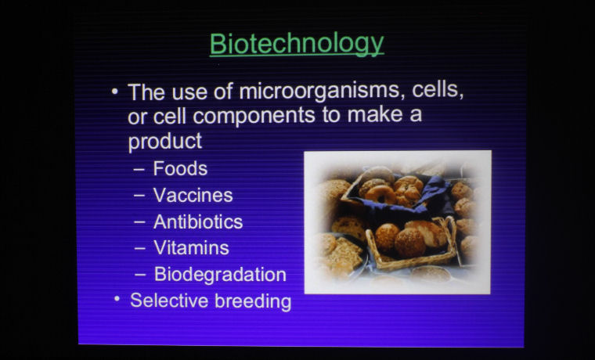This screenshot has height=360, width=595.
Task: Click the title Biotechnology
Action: tap(297, 45)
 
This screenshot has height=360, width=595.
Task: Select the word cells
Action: tap(438, 89)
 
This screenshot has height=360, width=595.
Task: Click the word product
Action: tap(165, 142)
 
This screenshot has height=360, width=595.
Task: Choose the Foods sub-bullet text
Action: tap(180, 168)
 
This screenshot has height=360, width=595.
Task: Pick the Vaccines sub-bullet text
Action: tap(193, 196)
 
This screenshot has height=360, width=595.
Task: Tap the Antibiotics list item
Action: tap(198, 222)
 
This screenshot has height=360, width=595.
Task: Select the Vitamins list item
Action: tap(192, 248)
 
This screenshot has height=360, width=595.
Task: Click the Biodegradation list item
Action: tap(220, 275)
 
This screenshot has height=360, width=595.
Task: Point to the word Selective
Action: tap(169, 301)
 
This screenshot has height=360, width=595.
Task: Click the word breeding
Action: tap(253, 301)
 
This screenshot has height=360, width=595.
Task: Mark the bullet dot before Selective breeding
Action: tap(117, 299)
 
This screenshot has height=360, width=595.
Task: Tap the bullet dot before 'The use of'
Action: tap(115, 92)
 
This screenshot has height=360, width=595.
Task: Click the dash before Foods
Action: tap(139, 170)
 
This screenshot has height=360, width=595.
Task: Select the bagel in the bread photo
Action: tap(380, 194)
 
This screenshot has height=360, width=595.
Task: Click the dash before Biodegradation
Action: tap(140, 275)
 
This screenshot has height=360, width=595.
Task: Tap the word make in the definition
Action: tap(375, 113)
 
